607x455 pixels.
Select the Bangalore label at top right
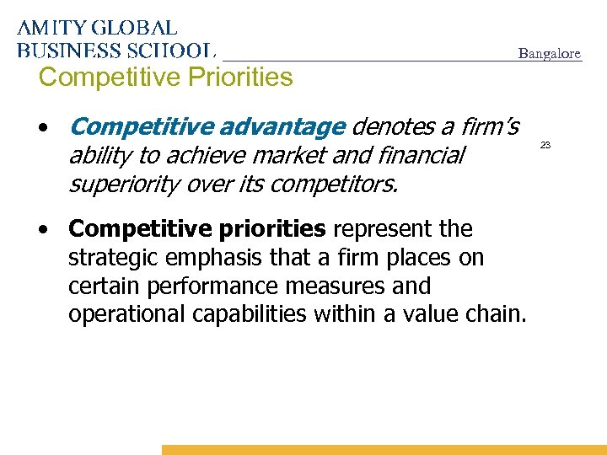coord(549,53)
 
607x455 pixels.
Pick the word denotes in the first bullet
coord(392,127)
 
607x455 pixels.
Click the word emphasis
coord(214,258)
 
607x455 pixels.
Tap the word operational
coord(123,315)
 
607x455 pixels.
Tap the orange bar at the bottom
coord(384,450)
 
